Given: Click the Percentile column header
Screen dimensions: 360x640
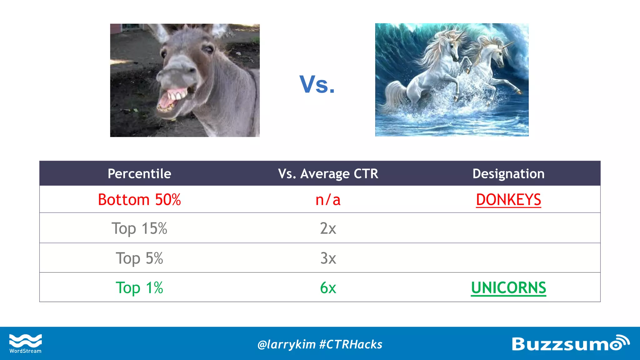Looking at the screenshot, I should tap(139, 174).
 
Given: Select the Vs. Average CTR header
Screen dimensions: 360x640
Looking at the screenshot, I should tap(328, 174).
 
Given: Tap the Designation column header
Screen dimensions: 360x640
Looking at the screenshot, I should tap(508, 174).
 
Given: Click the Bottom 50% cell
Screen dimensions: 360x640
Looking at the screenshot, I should tap(139, 200).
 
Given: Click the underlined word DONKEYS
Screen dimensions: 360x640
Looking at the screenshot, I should tap(508, 200).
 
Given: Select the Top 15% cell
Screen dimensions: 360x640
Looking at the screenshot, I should tap(139, 228).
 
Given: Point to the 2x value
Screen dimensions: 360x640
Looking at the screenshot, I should tap(328, 228).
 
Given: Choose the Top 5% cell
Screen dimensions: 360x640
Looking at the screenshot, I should tap(139, 258).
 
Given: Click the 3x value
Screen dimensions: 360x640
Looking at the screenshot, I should tap(328, 258).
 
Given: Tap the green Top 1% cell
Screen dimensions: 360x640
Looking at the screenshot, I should tap(139, 288).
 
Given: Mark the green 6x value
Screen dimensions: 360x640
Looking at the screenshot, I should tap(328, 288).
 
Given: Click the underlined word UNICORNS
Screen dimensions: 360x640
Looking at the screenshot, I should tap(508, 288).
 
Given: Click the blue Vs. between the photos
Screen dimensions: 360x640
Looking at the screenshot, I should tap(317, 84).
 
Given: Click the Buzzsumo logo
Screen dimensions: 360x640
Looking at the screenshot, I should tap(570, 343).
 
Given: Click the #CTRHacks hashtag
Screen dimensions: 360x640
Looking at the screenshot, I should tap(351, 344).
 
